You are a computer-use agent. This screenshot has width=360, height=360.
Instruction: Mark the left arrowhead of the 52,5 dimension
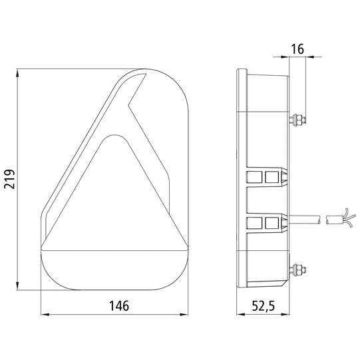241,313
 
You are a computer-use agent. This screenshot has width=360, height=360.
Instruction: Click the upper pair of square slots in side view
263,177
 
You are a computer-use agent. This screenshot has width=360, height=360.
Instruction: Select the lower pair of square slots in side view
263,222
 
